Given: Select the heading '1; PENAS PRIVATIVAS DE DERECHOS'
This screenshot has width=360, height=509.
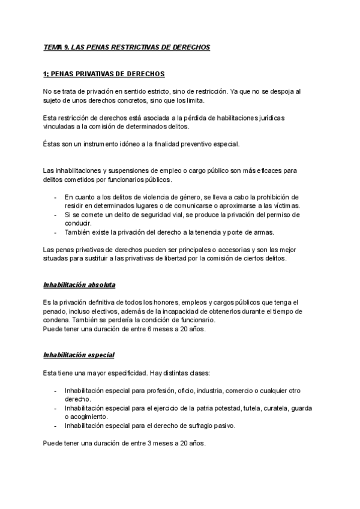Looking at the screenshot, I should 104,74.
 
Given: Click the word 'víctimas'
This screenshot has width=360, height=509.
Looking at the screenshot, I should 286,205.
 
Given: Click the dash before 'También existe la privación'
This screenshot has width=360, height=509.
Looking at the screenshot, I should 56,232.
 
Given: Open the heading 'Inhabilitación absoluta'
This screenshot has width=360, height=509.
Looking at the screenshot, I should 79,284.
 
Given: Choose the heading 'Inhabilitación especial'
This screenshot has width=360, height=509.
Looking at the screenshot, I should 79,355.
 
